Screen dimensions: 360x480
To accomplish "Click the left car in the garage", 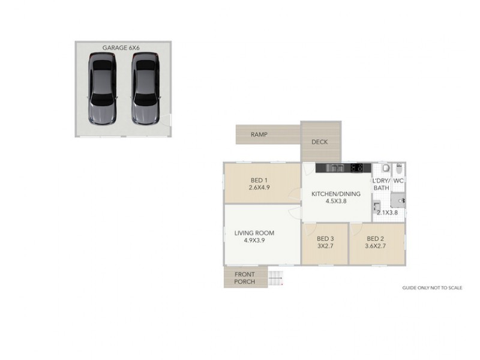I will pos(103,88).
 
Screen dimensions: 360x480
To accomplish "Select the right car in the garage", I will pos(145,88).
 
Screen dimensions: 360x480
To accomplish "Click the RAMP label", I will pos(259,134).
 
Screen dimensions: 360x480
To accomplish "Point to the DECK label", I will pos(319,142).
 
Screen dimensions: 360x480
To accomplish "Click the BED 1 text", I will pos(259,179).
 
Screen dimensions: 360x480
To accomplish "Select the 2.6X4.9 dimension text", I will pos(259,187).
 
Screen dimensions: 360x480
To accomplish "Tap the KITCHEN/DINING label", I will pos(335,194).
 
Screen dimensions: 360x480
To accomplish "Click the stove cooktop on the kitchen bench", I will pos(357,167).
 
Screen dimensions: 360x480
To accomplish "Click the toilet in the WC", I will pos(387,169).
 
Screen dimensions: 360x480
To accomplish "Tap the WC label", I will pos(399,181).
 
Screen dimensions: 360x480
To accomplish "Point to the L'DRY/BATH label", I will pos(381,184).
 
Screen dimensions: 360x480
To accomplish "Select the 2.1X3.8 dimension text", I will pos(387,212).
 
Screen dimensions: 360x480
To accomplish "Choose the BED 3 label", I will pos(325,238).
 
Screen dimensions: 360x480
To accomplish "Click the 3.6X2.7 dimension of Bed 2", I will pos(376,245).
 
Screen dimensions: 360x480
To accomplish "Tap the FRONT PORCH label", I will pos(245,278).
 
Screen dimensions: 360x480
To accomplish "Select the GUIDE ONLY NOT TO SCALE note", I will pos(432,288).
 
